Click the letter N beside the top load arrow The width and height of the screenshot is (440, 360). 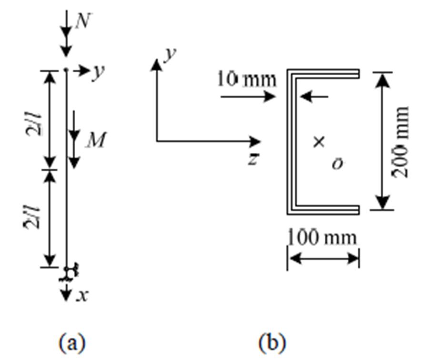tap(84, 21)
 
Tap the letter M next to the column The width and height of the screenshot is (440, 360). tap(97, 141)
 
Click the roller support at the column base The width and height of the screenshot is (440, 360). tap(70, 273)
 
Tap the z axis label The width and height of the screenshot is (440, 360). tap(253, 160)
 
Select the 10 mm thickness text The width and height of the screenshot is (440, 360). tap(246, 79)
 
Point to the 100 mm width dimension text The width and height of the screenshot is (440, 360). tap(322, 237)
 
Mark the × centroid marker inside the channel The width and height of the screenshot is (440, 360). tap(319, 141)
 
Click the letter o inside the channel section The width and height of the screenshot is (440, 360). tap(337, 164)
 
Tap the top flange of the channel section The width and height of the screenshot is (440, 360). tap(324, 73)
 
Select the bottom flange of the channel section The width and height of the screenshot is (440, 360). tap(324, 210)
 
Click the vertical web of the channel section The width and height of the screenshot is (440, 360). tap(290, 141)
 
